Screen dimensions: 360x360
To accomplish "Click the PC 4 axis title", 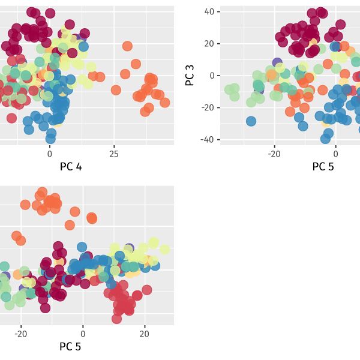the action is click(x=71, y=167).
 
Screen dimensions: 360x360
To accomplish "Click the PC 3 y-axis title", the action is click(x=190, y=76).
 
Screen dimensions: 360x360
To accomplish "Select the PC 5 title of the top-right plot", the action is click(x=323, y=167).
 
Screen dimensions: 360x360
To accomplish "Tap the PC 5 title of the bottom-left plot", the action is click(x=70, y=347).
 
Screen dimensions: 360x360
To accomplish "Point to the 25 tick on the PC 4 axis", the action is click(x=114, y=154).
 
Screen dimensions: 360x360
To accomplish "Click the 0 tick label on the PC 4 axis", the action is click(x=50, y=154).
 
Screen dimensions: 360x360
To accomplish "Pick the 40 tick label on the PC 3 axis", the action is click(x=209, y=12).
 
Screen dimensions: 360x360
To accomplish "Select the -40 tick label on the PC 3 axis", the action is click(x=208, y=140).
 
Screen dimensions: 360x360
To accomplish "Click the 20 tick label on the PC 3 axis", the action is click(x=209, y=44).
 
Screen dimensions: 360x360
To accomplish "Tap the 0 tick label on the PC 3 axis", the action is click(x=212, y=76).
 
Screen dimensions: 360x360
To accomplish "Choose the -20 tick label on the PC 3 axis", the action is click(x=208, y=107).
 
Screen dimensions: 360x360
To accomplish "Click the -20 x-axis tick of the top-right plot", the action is click(x=274, y=154).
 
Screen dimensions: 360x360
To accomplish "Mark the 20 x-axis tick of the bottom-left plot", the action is click(x=145, y=334).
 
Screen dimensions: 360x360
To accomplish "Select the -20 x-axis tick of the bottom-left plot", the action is click(x=21, y=334).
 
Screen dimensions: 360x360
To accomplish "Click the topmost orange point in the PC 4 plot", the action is click(x=127, y=46).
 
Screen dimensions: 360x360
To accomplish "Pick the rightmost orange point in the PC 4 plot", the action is click(x=164, y=103).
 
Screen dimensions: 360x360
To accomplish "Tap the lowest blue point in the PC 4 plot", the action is click(x=50, y=139).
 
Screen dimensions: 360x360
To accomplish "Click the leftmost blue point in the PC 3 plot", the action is click(x=251, y=121).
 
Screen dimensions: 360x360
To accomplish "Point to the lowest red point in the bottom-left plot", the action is click(x=116, y=319).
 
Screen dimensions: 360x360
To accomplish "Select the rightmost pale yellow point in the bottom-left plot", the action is click(x=164, y=250).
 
